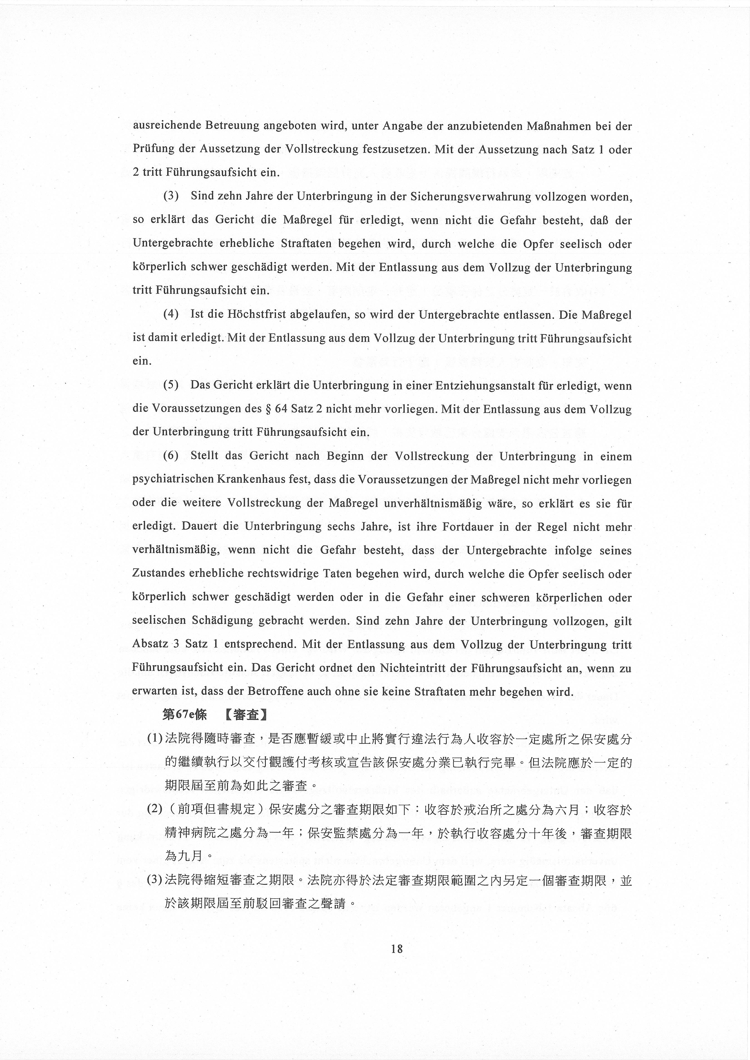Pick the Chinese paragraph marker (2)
pos(154,810)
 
